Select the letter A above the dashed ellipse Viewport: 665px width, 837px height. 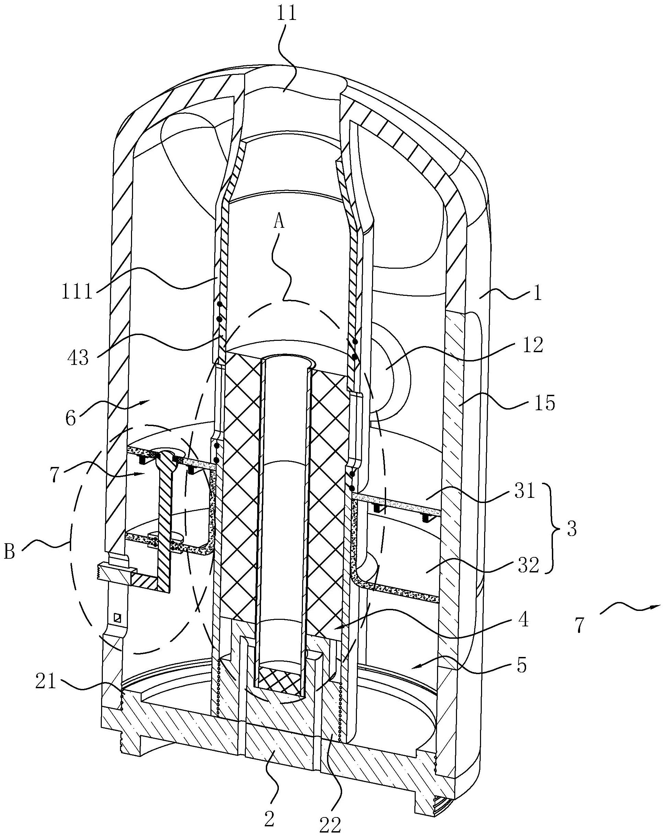[279, 222]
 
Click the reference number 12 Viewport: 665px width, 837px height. [532, 345]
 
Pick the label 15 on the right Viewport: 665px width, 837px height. [545, 403]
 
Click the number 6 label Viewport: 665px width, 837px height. [71, 418]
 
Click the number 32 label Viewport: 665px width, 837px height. [528, 566]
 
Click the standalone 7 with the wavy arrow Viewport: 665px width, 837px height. [579, 625]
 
